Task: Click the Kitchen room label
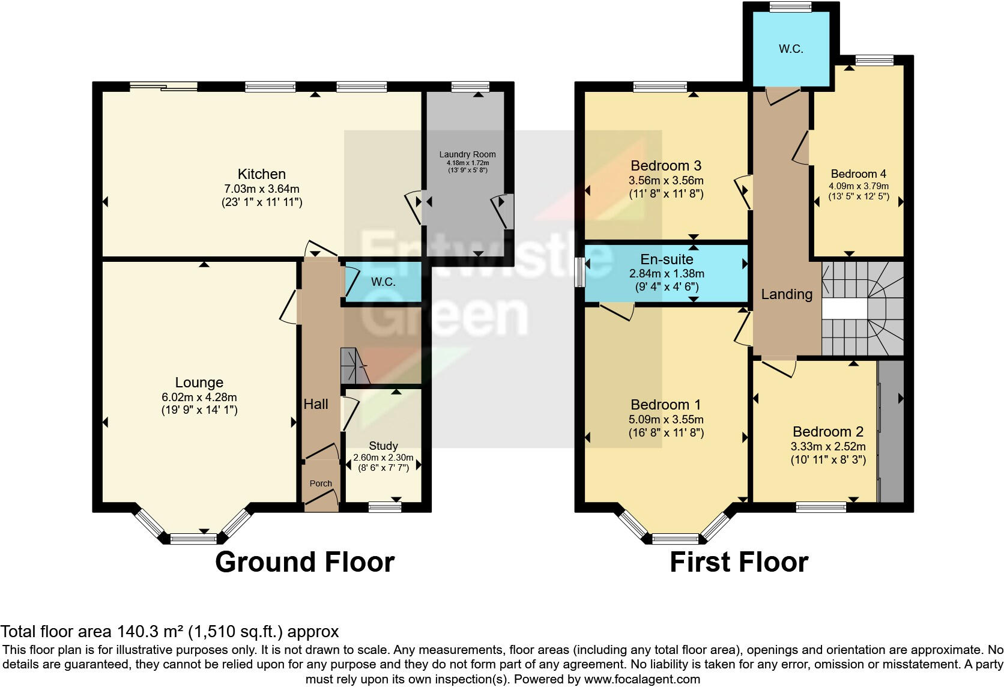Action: pyautogui.click(x=261, y=174)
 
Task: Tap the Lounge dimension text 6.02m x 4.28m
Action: pyautogui.click(x=199, y=397)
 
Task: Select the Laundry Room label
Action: pyautogui.click(x=467, y=154)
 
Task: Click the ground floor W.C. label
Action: pyautogui.click(x=383, y=282)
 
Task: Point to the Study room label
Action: pyautogui.click(x=383, y=446)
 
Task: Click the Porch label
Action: pyautogui.click(x=321, y=483)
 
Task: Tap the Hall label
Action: pyautogui.click(x=316, y=404)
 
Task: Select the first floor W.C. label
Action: pyautogui.click(x=791, y=49)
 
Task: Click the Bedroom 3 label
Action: pyautogui.click(x=666, y=165)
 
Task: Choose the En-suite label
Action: pyautogui.click(x=667, y=259)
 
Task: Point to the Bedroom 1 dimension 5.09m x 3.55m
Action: pyautogui.click(x=666, y=419)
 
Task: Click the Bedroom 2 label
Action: pyautogui.click(x=828, y=431)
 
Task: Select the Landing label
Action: pyautogui.click(x=787, y=294)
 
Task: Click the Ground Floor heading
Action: pyautogui.click(x=304, y=562)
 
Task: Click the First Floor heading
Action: pyautogui.click(x=739, y=562)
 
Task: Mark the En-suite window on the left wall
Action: pyautogui.click(x=580, y=273)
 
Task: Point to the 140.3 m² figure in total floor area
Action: pyautogui.click(x=150, y=631)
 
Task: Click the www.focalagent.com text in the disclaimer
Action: pyautogui.click(x=641, y=679)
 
